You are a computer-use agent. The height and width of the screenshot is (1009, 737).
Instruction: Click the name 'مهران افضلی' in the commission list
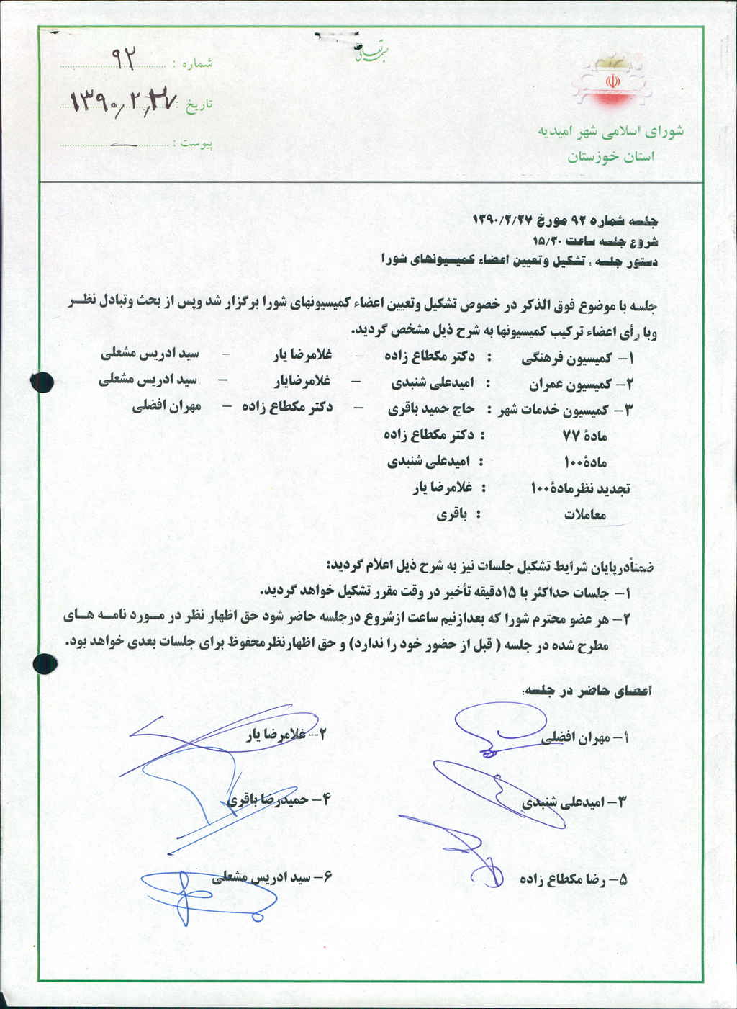pos(166,406)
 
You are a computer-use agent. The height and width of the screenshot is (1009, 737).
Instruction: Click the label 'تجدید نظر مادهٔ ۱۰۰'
pos(580,488)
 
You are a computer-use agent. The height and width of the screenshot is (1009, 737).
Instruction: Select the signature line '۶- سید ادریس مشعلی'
pos(273,878)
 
